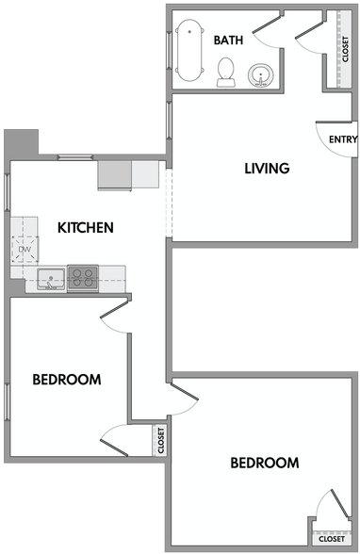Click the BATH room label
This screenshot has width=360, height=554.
(229, 40)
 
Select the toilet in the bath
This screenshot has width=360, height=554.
(226, 72)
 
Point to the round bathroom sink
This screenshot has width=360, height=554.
(259, 75)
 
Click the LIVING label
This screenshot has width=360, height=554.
(267, 169)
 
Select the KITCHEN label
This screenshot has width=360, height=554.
(86, 227)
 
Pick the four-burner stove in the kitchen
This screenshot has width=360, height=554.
(83, 277)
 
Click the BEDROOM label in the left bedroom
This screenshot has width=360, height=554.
(67, 380)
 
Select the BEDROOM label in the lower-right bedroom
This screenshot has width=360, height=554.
(265, 463)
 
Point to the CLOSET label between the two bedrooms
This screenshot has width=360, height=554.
(162, 441)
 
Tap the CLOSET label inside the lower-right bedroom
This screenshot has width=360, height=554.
(331, 540)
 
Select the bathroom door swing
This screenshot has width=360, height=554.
(271, 32)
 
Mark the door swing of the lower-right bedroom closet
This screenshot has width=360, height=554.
(328, 504)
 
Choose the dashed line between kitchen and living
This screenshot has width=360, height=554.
(168, 203)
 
